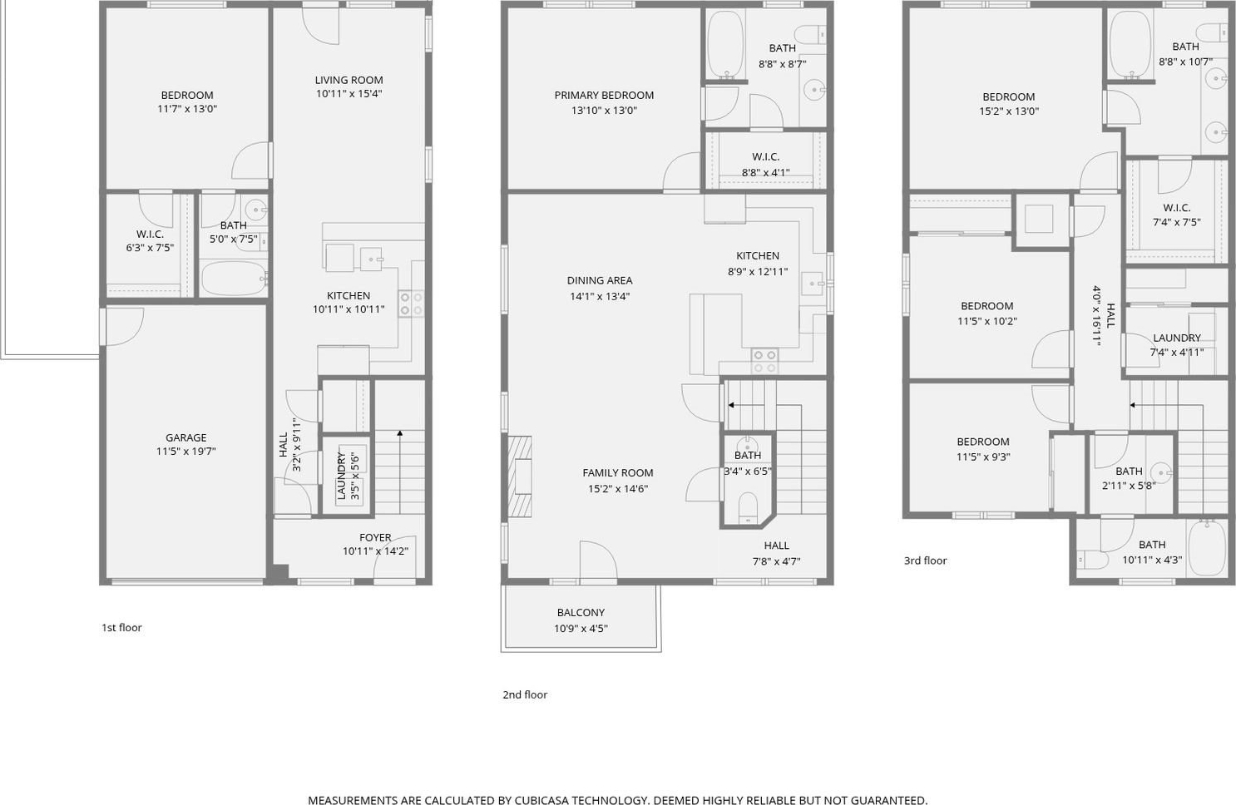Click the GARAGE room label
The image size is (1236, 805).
186,437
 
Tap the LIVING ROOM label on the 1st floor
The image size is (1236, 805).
349,80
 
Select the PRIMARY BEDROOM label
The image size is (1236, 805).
604,96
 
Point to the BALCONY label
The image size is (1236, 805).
581,612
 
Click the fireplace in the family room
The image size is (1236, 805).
519,477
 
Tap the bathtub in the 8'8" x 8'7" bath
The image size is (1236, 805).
726,44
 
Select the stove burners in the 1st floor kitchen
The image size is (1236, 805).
411,304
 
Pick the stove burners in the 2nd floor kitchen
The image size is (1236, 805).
764,362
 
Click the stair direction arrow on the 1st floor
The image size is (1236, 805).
399,472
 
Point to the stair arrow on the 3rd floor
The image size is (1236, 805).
1166,405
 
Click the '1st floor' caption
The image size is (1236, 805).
121,628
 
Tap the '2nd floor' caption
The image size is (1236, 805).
525,694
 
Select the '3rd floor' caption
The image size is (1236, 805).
926,561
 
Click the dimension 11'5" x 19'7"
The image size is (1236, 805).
186,452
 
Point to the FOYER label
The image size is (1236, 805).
375,537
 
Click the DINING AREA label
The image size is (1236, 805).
600,281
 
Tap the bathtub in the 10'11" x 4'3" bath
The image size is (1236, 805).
1208,549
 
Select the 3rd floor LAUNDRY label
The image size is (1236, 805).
1177,338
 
